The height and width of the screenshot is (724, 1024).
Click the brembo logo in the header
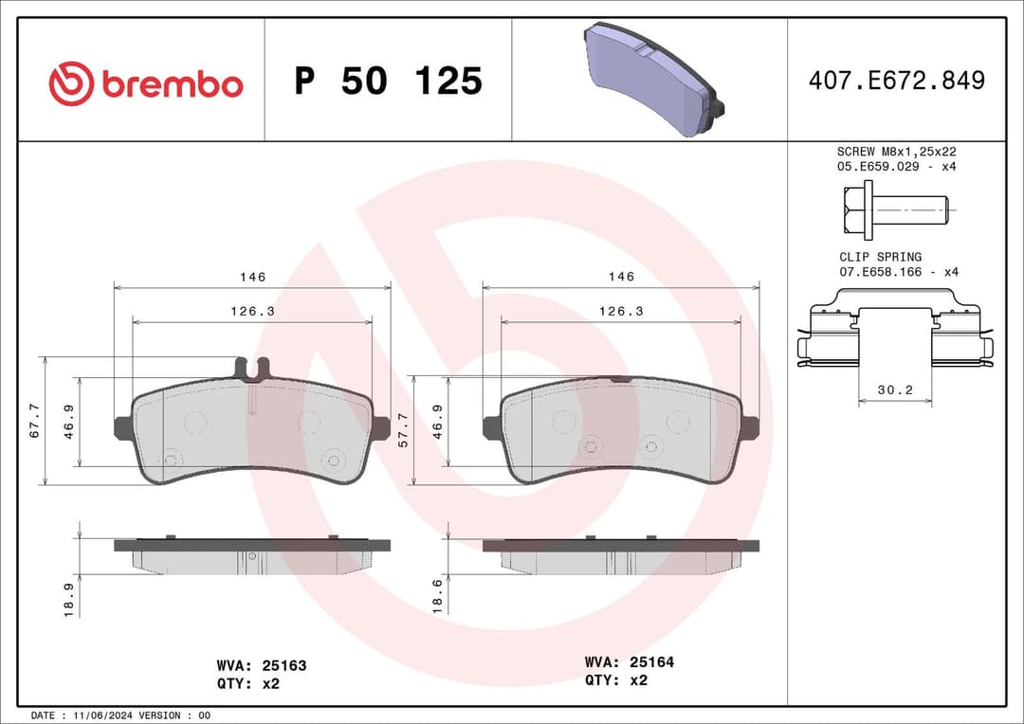pyautogui.click(x=146, y=83)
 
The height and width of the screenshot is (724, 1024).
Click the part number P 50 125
pyautogui.click(x=388, y=81)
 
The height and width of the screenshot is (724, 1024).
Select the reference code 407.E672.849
pyautogui.click(x=896, y=81)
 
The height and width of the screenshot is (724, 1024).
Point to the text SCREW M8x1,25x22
pyautogui.click(x=896, y=152)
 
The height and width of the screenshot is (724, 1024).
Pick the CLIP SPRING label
pyautogui.click(x=880, y=257)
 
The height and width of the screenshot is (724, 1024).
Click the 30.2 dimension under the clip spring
pyautogui.click(x=895, y=389)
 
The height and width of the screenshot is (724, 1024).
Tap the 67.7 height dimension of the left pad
pyautogui.click(x=35, y=420)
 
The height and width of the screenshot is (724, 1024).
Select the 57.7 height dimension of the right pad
pyautogui.click(x=403, y=429)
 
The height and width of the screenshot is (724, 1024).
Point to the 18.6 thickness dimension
pyautogui.click(x=436, y=597)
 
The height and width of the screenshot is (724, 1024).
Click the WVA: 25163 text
pyautogui.click(x=261, y=666)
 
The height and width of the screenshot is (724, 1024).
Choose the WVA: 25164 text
pyautogui.click(x=630, y=662)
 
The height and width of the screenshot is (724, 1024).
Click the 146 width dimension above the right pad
pyautogui.click(x=621, y=277)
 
